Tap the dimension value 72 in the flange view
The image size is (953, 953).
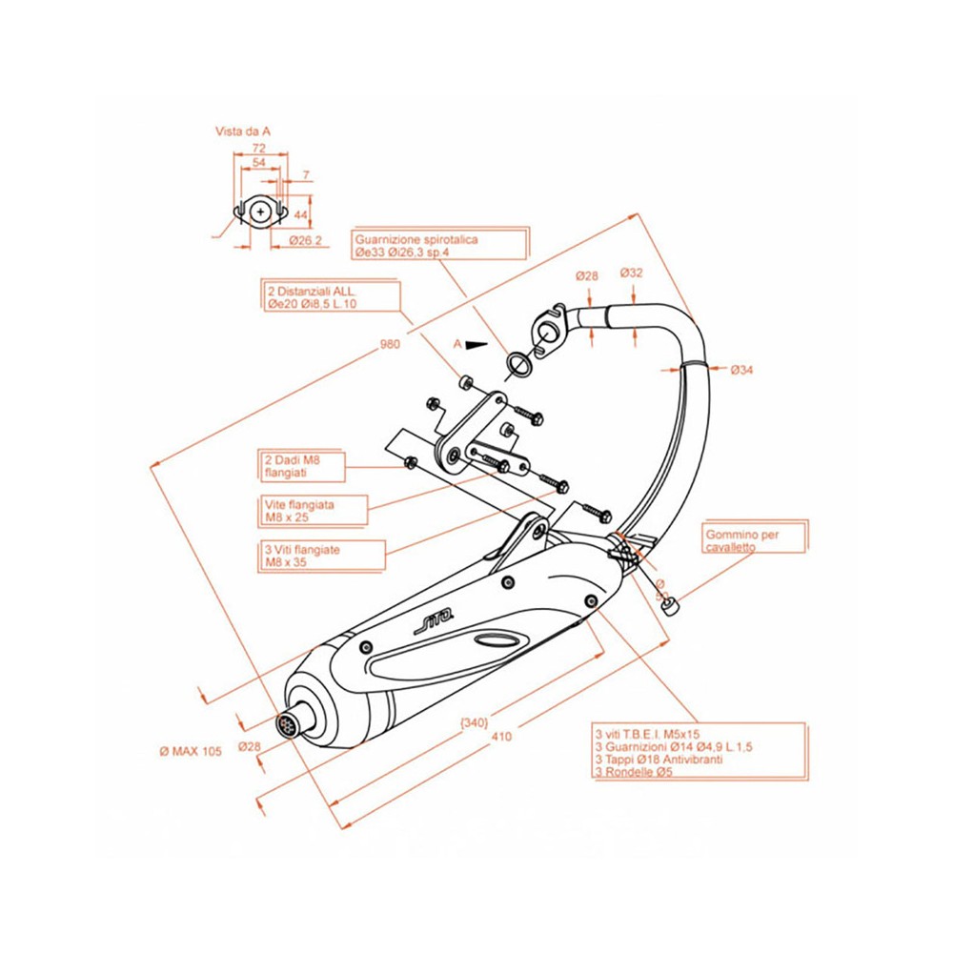coord(257,149)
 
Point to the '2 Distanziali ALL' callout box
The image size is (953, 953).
coord(330,295)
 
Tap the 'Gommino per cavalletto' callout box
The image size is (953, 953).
coord(754,540)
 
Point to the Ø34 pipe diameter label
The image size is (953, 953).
coord(742,370)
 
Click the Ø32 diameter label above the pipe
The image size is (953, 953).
coord(632,273)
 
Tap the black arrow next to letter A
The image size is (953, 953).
coord(476,344)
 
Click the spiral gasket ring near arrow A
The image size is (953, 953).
coord(520,363)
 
